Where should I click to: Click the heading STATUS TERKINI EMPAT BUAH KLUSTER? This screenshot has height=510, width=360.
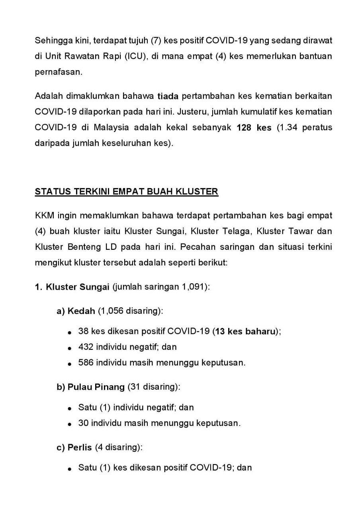click(x=127, y=191)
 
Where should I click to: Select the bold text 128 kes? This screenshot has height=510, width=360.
click(x=254, y=128)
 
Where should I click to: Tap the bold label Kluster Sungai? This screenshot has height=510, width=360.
click(x=78, y=287)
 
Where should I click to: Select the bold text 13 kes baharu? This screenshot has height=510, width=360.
click(x=246, y=331)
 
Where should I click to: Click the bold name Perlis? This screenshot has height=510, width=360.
click(x=80, y=447)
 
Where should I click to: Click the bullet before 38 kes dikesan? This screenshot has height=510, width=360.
click(x=70, y=332)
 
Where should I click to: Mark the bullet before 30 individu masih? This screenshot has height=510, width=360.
click(x=70, y=424)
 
